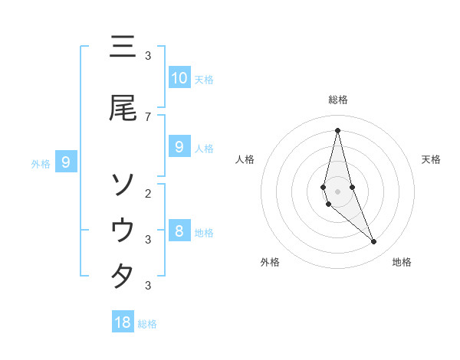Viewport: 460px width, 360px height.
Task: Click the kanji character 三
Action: coord(122,47)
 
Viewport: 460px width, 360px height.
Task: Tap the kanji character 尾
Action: coord(122,108)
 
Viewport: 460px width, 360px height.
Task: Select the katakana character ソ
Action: coord(122,184)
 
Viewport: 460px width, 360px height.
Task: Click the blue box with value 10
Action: coord(179,77)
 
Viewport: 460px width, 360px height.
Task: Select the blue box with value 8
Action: coord(179,231)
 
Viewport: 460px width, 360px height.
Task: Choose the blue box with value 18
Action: coord(123,322)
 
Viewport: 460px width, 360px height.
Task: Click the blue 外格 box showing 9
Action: coord(67,162)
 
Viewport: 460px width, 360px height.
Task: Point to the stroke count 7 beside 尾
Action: coord(148,116)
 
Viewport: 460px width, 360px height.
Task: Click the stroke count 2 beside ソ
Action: coord(148,193)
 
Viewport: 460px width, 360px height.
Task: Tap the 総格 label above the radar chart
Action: coord(337,100)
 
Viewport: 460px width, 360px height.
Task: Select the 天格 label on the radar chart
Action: coord(432,159)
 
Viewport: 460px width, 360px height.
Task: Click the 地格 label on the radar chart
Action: coord(402,263)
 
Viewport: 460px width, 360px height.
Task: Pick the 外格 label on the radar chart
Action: coord(270,263)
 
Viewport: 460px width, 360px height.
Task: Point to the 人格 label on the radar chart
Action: coord(245,159)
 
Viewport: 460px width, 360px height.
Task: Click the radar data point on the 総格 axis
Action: coord(337,129)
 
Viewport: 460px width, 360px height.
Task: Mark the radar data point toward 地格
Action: coord(374,242)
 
